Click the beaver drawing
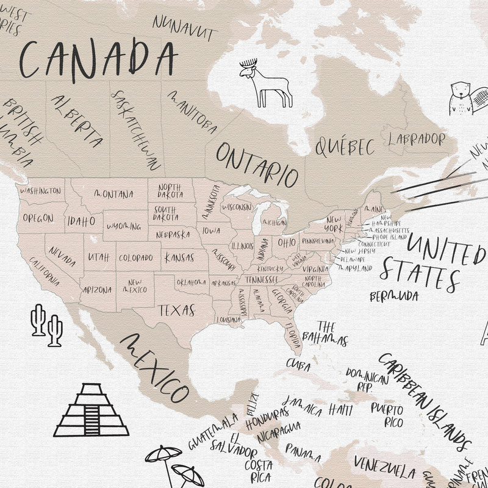pyautogui.click(x=462, y=98)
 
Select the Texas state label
pyautogui.click(x=177, y=309)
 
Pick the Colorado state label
pyautogui.click(x=135, y=257)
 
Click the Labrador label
pyautogui.click(x=417, y=138)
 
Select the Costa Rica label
pyautogui.click(x=258, y=470)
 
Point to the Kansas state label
pyautogui.click(x=178, y=257)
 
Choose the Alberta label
pyautogui.click(x=77, y=121)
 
